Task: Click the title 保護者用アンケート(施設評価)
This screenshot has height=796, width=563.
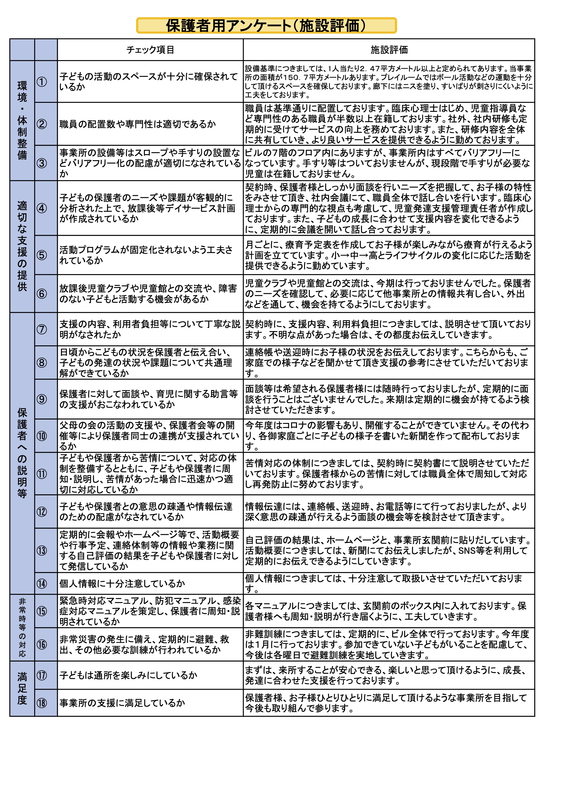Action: tap(266, 26)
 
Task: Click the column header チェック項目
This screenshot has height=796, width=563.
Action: tap(150, 50)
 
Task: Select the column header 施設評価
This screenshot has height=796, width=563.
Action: tap(389, 50)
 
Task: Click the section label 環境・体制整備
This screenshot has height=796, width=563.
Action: tap(22, 120)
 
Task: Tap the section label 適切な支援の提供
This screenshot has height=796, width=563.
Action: tap(22, 246)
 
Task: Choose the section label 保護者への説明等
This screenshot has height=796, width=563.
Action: tap(22, 453)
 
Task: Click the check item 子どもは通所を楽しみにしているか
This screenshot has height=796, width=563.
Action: tap(128, 675)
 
